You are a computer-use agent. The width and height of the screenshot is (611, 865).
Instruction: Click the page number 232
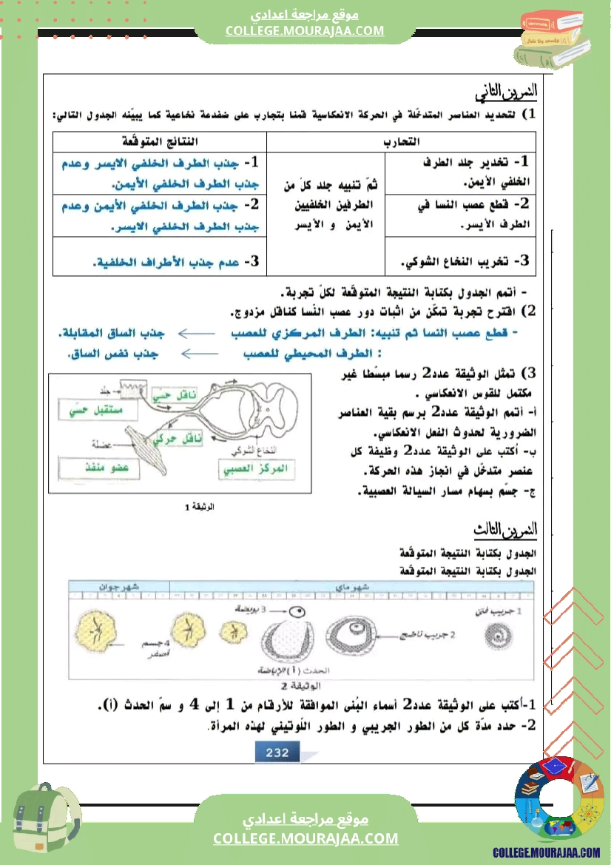272,753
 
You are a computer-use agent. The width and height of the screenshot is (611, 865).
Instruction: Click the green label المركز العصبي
256,469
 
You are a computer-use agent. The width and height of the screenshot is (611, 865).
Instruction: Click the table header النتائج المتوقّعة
161,141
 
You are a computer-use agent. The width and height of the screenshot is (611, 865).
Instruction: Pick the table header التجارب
402,141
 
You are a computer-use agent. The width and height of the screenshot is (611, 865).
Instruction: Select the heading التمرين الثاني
507,94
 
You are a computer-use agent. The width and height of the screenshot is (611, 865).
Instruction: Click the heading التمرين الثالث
507,530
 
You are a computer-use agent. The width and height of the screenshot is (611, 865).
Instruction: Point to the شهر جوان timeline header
119,586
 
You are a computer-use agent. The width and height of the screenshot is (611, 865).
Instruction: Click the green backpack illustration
47,821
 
